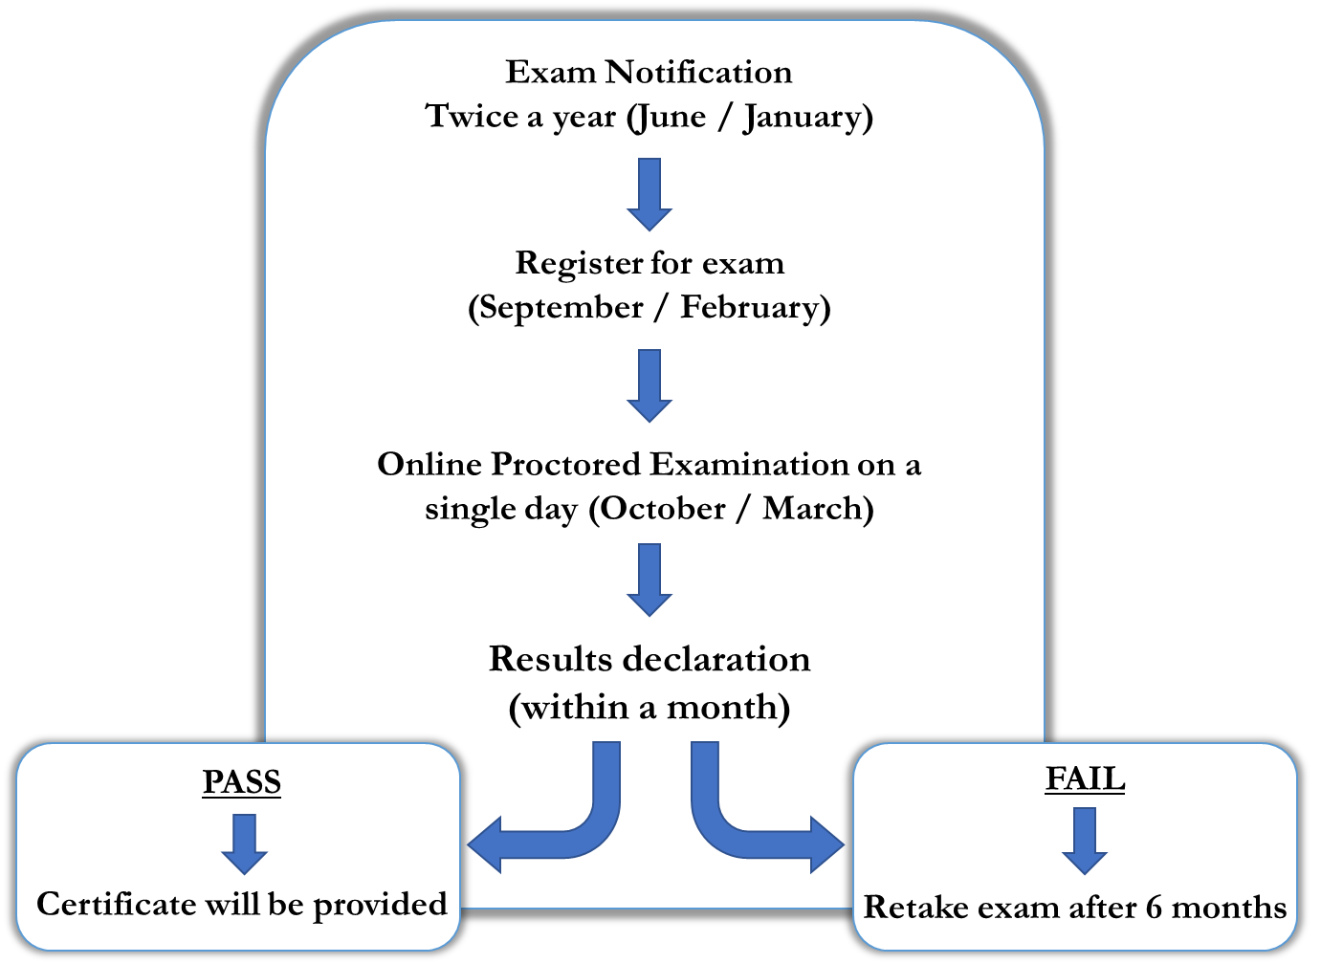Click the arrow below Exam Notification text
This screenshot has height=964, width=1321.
[x=649, y=194]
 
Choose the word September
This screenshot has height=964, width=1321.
[x=561, y=308]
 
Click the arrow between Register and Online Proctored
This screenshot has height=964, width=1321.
[x=649, y=385]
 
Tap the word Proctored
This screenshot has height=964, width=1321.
[x=565, y=465]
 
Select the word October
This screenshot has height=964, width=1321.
[x=662, y=509]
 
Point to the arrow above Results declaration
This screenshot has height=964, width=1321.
[x=649, y=580]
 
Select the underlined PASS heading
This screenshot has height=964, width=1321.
[x=242, y=782]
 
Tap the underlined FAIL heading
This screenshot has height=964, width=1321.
[x=1085, y=778]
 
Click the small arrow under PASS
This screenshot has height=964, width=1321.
[x=244, y=843]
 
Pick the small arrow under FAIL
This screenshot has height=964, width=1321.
[x=1085, y=841]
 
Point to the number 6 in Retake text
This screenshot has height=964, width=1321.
[x=1154, y=908]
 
